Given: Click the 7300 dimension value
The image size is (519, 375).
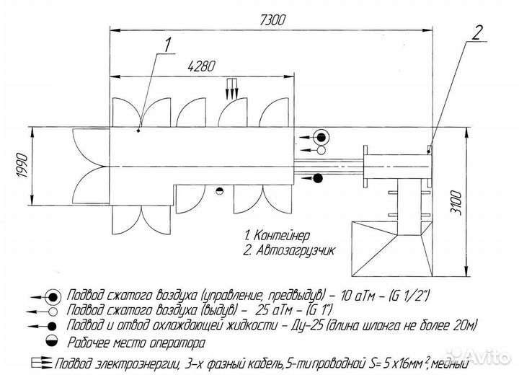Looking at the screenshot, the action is tap(272, 20).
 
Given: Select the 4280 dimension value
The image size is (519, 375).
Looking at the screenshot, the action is tap(201, 66).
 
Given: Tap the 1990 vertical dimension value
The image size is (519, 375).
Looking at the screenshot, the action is tap(22, 165).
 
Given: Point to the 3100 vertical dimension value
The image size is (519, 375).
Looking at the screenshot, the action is tap(457, 203).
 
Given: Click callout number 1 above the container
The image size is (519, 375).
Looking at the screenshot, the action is tap(168, 45).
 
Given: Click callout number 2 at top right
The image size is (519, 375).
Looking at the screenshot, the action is tap(476, 32).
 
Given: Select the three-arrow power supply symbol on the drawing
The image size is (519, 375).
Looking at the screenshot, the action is tap(232, 89).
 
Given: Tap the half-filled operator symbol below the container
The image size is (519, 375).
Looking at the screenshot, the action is tap(219, 191).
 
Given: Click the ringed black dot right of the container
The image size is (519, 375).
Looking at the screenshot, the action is tap(321, 137).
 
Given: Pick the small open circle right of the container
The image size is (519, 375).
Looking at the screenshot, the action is tap(321, 150).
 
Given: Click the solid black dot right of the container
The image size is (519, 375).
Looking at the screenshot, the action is tap(317, 178).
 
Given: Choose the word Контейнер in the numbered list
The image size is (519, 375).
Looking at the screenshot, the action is tap(282, 236).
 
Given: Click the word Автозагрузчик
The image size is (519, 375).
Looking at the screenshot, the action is tap(296, 250).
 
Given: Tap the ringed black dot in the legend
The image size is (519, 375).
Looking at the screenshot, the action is tap(53, 297).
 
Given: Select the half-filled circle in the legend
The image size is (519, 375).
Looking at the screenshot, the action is tap(53, 341).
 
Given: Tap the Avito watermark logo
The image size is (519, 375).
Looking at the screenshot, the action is tap(476, 356).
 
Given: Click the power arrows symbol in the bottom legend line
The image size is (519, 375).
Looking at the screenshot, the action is tap(42, 363).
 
